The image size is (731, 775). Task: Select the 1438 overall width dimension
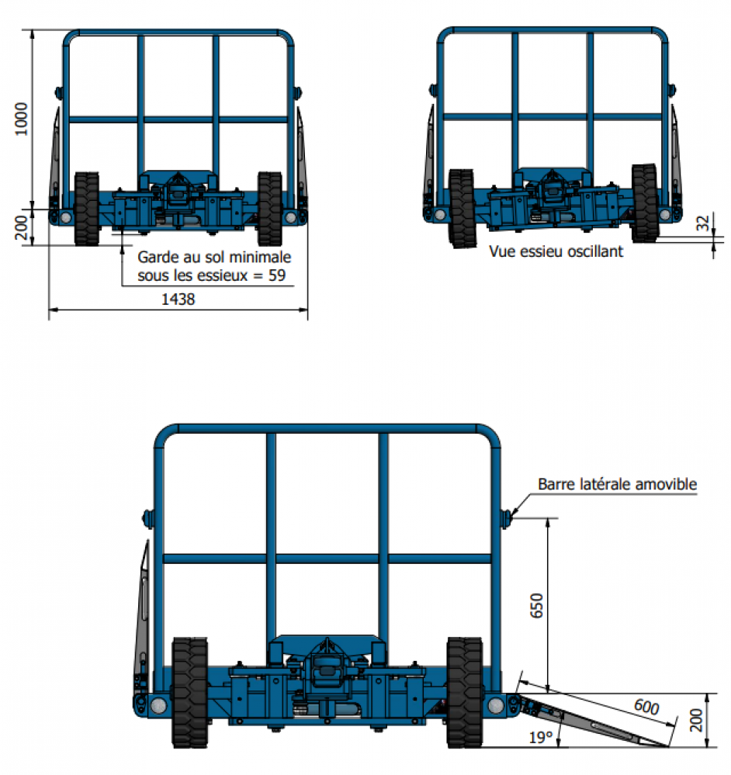(178, 299)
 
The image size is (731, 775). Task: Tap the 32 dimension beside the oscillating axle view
(702, 223)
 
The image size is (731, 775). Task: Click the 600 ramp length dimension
(645, 707)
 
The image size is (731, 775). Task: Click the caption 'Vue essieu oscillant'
(556, 252)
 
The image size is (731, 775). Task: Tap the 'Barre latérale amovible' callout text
(618, 485)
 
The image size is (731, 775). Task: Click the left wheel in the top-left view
(86, 208)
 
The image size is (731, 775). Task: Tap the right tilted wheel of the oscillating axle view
(645, 201)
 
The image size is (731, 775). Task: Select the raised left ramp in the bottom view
(143, 613)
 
